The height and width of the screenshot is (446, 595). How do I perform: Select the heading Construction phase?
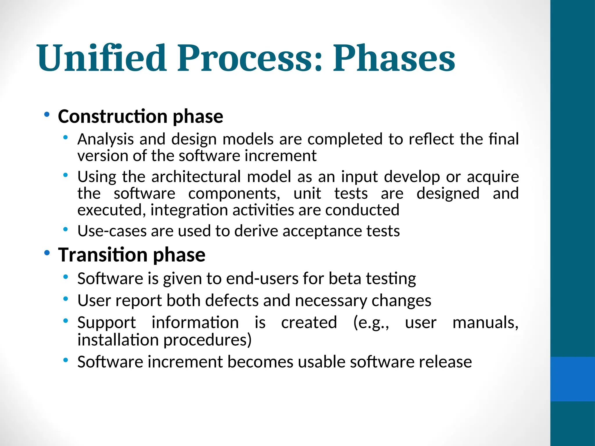[x=140, y=116]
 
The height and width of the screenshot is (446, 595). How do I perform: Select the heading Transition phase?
[x=132, y=255]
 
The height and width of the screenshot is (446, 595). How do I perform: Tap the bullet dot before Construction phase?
[x=46, y=115]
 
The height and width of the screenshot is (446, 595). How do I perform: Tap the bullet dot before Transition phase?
[x=46, y=253]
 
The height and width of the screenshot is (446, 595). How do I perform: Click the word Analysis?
[x=105, y=139]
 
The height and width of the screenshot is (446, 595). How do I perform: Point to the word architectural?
[x=196, y=177]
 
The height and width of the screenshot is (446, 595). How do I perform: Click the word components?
[x=234, y=193]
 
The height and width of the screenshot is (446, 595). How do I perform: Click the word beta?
[x=345, y=278]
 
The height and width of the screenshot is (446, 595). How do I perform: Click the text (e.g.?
[x=371, y=323]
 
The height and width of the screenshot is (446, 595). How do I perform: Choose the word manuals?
[x=485, y=323]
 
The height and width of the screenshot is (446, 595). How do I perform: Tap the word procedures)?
[x=207, y=340]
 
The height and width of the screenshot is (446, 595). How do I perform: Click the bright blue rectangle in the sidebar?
[x=572, y=379]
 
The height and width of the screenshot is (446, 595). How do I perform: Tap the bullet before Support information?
[x=66, y=321]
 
